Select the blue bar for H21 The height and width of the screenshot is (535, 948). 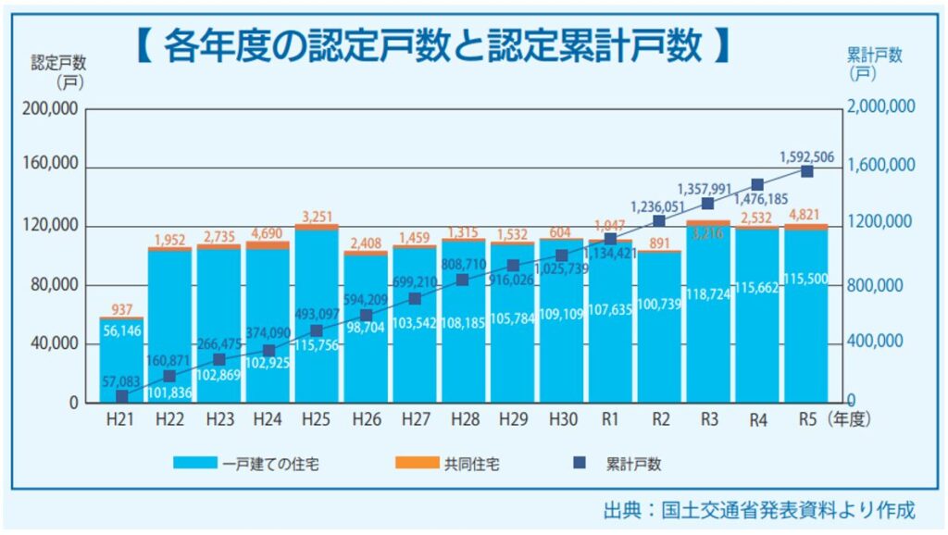click(121, 361)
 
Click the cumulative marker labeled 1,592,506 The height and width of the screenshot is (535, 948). click(806, 171)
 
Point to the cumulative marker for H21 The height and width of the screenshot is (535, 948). click(121, 396)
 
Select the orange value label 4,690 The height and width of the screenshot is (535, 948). click(268, 233)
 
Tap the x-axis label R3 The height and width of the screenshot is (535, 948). click(709, 419)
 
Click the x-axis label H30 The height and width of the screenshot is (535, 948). click(562, 419)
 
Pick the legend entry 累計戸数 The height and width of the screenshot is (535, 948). click(633, 464)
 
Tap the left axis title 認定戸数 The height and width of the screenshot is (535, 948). click(58, 63)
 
